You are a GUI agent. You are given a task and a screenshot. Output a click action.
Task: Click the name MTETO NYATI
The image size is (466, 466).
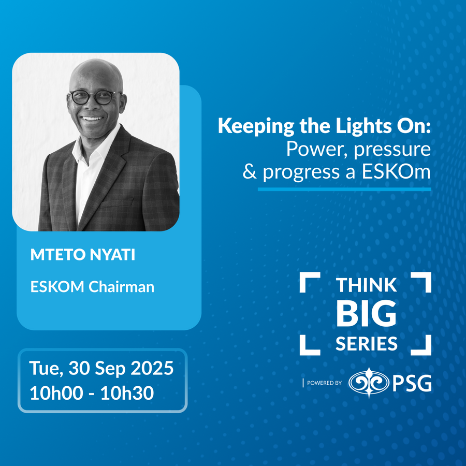(83, 255)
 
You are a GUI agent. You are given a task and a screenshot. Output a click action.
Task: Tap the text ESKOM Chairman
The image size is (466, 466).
(93, 287)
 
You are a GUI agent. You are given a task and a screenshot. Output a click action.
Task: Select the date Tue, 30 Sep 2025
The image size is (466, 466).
(101, 369)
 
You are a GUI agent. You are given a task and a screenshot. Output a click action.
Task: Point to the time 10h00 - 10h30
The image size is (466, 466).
(92, 393)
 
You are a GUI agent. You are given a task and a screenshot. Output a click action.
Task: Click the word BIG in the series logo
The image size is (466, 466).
(366, 313)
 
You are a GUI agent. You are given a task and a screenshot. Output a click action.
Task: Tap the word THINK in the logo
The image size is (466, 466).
(366, 285)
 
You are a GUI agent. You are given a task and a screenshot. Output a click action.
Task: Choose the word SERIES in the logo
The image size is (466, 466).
(367, 344)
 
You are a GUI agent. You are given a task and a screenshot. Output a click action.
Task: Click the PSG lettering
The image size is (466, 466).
(412, 383)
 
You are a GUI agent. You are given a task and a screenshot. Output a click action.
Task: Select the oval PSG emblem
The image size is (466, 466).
(369, 383)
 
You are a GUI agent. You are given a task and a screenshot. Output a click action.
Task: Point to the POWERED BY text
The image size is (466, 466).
(324, 383)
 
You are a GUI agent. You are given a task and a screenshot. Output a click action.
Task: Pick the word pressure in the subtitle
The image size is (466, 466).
(392, 150)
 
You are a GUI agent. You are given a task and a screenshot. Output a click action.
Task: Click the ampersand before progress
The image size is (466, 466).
(250, 172)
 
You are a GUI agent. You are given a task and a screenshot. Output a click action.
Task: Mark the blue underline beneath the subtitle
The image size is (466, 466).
(344, 190)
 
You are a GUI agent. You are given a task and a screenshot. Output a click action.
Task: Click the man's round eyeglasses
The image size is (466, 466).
(95, 97)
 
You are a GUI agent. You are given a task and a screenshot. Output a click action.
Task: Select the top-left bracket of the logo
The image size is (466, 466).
(310, 282)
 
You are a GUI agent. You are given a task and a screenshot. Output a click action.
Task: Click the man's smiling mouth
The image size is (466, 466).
(92, 119)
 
